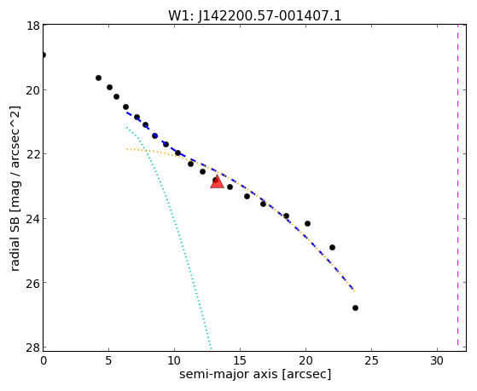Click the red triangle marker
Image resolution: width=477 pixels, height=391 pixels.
click(217, 181)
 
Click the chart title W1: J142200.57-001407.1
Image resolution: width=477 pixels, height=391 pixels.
click(255, 15)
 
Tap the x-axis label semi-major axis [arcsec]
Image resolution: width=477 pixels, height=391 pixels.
click(255, 374)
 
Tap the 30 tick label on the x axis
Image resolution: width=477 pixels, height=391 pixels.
click(437, 361)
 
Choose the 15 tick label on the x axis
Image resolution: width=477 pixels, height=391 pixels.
click(241, 361)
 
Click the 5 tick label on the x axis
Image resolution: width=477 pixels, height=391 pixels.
click(109, 361)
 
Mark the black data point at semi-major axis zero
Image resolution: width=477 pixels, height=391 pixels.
click(44, 55)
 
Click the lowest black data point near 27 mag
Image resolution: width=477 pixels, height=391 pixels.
click(355, 308)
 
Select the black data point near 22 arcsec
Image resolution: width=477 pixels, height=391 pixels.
click(332, 248)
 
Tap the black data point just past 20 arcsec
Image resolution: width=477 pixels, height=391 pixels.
click(307, 223)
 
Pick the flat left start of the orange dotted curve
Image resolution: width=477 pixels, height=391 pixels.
click(128, 149)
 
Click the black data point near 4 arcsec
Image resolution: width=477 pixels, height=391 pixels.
click(99, 78)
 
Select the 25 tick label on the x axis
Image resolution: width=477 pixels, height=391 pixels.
click(371, 361)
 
